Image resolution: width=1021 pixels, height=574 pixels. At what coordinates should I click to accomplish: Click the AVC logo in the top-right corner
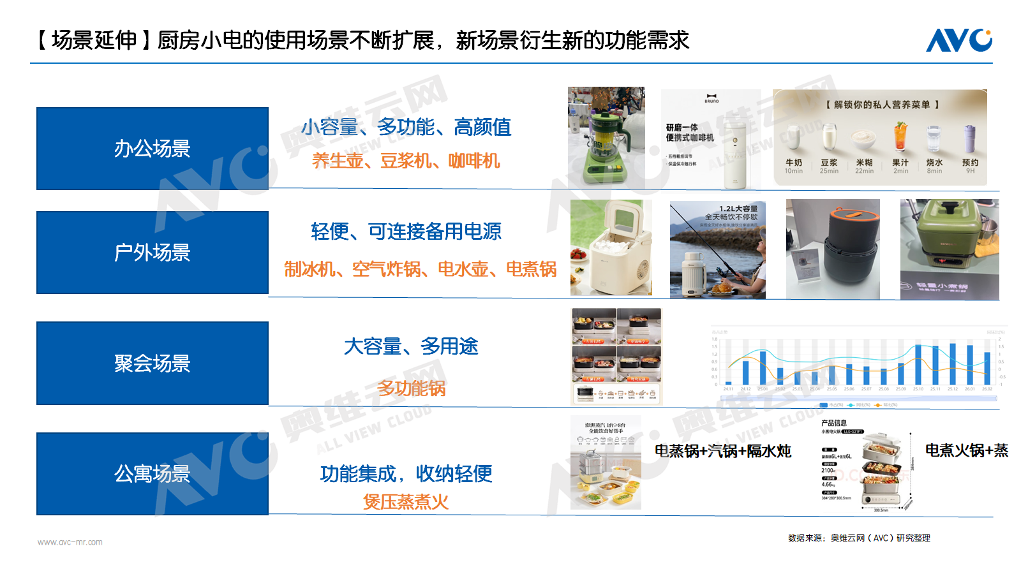click(x=958, y=40)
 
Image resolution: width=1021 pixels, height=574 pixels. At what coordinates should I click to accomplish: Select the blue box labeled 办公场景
click(x=153, y=149)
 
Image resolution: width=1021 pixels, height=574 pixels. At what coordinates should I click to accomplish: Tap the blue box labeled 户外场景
click(x=153, y=253)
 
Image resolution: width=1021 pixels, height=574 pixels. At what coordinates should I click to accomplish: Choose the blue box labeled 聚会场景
click(x=153, y=363)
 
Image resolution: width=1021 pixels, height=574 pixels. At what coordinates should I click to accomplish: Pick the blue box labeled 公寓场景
click(x=153, y=474)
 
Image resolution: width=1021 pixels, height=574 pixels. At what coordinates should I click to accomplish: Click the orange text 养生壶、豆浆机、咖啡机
click(x=406, y=161)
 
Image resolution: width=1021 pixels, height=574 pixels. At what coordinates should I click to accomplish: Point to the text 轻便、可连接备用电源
click(x=406, y=232)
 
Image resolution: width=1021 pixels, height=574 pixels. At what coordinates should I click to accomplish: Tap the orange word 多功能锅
click(x=411, y=388)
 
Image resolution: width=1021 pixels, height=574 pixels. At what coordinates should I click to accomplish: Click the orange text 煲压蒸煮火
click(x=406, y=502)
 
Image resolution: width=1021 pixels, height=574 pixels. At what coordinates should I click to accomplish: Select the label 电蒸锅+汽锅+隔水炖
click(x=722, y=451)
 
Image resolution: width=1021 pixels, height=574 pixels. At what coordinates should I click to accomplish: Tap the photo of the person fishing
click(x=717, y=249)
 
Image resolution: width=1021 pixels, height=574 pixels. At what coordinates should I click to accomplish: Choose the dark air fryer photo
click(x=833, y=249)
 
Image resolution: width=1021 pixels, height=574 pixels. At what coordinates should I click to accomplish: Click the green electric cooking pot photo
click(x=949, y=249)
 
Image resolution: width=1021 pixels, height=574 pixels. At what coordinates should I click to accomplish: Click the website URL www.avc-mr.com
click(x=70, y=542)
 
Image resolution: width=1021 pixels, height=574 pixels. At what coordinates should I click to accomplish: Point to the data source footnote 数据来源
click(x=859, y=538)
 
